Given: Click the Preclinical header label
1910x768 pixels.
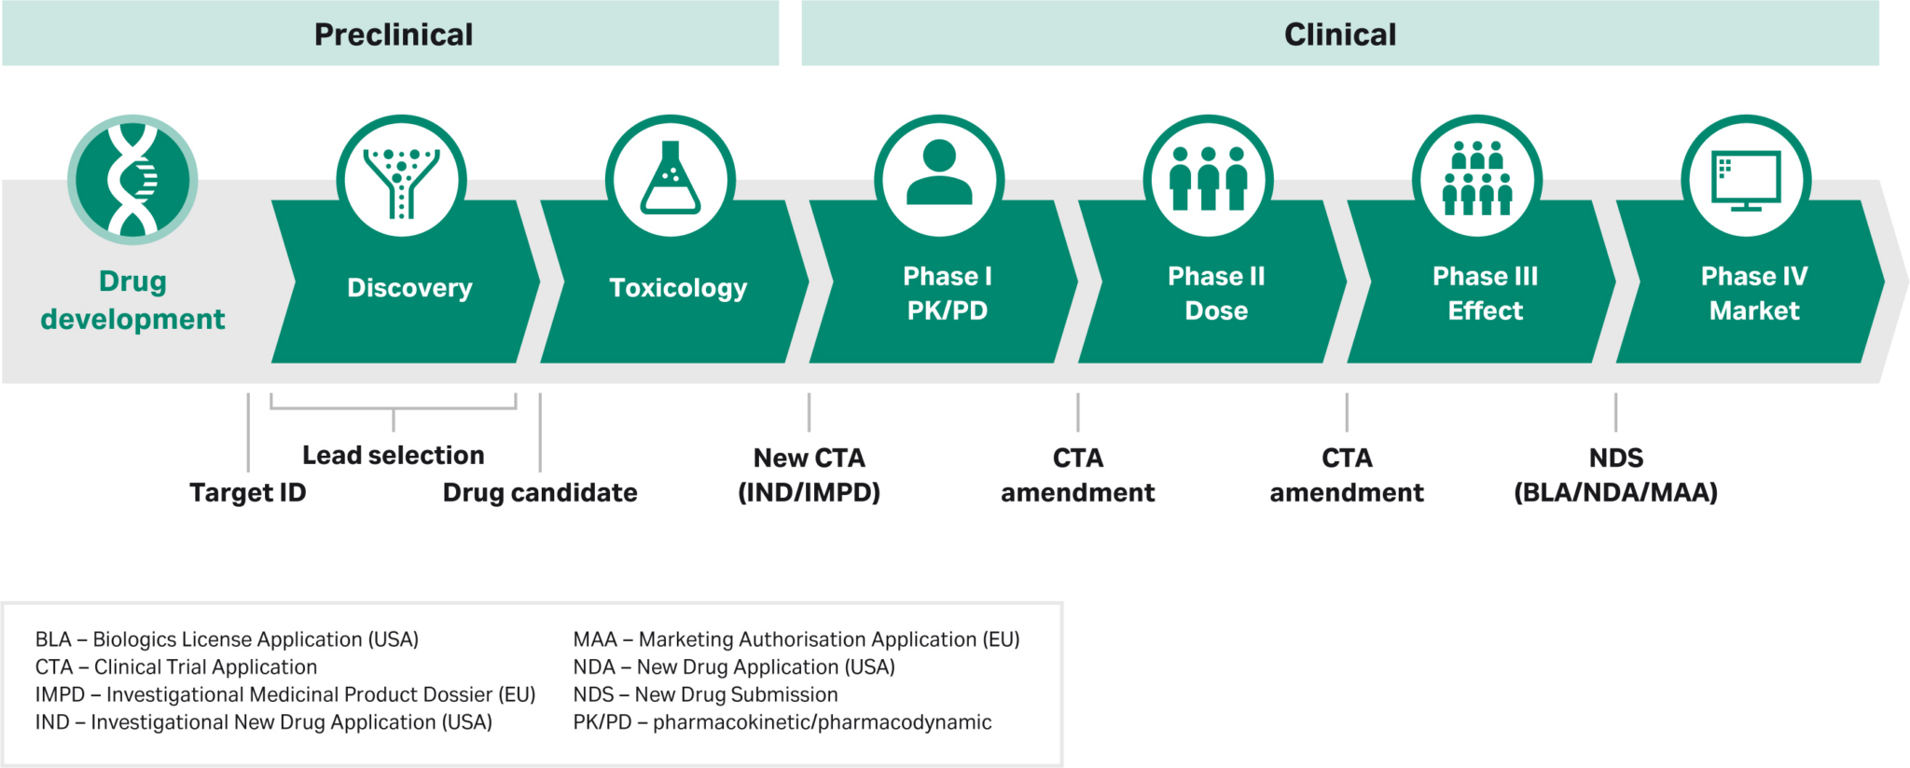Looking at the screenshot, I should click(x=393, y=34).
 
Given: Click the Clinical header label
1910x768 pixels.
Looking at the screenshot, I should click(x=1339, y=34).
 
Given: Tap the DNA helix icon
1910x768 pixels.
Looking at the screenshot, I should click(x=132, y=180).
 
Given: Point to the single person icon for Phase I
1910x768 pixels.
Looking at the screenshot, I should click(x=939, y=174).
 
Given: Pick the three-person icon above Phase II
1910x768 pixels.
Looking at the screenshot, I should click(x=1208, y=178).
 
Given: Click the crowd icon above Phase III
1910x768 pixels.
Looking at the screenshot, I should click(x=1476, y=178).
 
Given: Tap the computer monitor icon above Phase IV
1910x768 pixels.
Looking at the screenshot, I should click(x=1746, y=180).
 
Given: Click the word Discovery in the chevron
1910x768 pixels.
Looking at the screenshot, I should click(x=409, y=288).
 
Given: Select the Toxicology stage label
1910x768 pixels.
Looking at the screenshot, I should click(x=678, y=288).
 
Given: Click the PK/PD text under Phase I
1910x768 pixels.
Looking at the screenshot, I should click(x=947, y=311).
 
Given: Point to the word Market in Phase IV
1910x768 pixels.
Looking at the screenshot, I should click(x=1753, y=311).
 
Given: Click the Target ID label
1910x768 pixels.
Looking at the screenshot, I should click(x=247, y=492).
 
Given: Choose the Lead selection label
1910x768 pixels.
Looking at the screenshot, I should click(x=393, y=455).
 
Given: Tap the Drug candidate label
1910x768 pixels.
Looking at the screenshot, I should click(x=539, y=492).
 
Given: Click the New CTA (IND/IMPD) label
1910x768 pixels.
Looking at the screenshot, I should click(x=809, y=474).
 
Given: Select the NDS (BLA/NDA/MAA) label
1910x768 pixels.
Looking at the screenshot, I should click(x=1615, y=474).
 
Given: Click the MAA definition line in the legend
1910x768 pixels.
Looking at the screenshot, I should click(x=796, y=639).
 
